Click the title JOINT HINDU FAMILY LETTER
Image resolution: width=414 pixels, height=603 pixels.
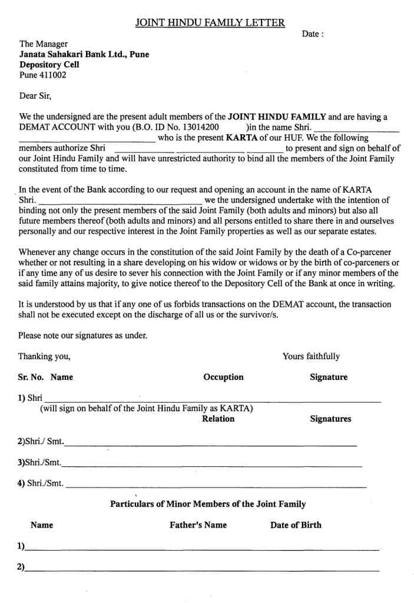210,23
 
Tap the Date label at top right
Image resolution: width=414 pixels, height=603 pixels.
312,34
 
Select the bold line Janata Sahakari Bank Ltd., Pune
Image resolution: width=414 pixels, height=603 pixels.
84,54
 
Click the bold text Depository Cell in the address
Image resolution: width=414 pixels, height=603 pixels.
49,65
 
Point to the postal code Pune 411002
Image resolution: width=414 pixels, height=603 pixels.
43,75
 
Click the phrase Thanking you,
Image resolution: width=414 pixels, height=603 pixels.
44,356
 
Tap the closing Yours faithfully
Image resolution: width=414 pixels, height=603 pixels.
311,356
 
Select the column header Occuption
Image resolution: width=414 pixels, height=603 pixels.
223,377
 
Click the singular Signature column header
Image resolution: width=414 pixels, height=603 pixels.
329,377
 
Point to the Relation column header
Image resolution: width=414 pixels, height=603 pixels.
218,419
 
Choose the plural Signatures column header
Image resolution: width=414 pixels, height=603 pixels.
330,419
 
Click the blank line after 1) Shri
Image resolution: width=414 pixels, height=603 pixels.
212,400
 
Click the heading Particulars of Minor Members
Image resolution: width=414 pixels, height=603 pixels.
208,504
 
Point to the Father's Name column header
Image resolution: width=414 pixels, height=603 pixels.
198,525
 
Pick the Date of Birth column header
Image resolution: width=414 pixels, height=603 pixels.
296,525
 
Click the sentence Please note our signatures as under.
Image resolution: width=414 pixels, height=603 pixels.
82,336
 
